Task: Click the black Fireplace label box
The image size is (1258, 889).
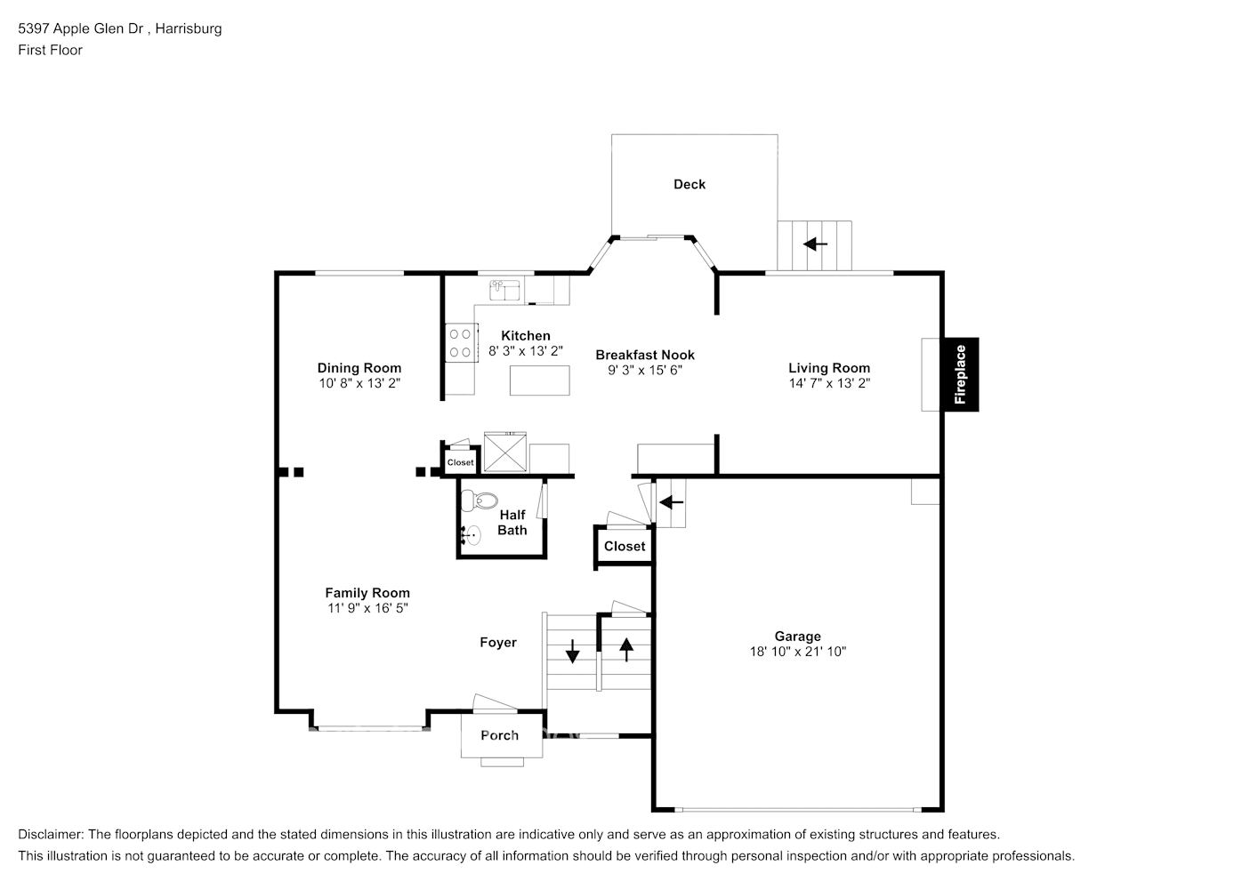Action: (x=960, y=374)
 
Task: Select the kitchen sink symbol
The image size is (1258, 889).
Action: (x=505, y=290)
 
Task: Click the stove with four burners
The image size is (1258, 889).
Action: (x=460, y=343)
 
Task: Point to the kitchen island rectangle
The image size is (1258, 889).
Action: (x=539, y=380)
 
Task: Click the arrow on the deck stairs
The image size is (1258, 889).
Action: (x=815, y=244)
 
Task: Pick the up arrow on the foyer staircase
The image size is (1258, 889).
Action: (x=626, y=650)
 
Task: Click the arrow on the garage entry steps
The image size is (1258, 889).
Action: (x=671, y=502)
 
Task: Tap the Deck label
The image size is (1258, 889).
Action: (x=689, y=184)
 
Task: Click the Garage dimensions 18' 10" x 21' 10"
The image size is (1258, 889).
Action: (x=797, y=652)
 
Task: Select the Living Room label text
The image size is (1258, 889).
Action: (x=828, y=368)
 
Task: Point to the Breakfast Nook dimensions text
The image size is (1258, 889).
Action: (x=644, y=370)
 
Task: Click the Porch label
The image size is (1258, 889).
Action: (x=499, y=735)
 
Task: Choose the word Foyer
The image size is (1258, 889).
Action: (x=497, y=643)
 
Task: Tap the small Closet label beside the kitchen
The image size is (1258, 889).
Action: (x=460, y=462)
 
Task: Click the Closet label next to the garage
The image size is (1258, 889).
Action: (x=624, y=546)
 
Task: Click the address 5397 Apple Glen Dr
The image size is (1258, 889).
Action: (x=85, y=28)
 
